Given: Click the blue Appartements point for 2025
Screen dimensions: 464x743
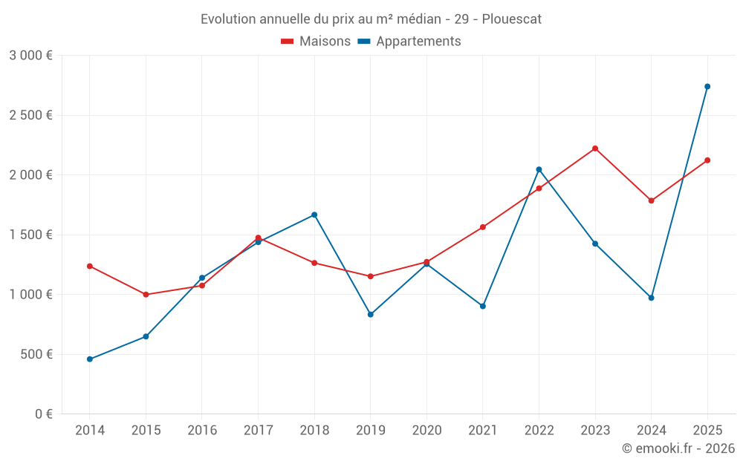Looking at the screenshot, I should click(707, 87).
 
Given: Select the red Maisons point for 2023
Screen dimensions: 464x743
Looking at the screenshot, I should click(595, 148).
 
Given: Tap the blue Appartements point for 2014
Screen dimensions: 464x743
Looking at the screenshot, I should click(90, 359).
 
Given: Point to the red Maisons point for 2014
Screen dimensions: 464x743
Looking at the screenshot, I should click(90, 266).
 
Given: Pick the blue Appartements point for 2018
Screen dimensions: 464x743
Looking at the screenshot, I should click(314, 215).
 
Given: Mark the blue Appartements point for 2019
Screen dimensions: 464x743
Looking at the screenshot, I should click(371, 314).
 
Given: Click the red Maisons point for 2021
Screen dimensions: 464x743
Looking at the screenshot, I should click(483, 227).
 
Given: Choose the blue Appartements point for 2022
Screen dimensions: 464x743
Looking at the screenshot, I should click(539, 169).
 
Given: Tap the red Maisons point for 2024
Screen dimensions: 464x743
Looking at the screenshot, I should click(652, 200).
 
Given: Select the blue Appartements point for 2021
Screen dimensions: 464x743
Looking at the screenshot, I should click(483, 306).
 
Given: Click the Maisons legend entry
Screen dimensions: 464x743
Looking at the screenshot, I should click(316, 42).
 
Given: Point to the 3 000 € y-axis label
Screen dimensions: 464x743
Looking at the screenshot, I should click(30, 56).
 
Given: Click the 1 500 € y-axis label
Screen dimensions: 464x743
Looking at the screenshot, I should click(30, 235).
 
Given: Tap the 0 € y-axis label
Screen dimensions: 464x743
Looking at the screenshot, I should click(44, 414).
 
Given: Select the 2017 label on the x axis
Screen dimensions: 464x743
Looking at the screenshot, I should click(258, 431).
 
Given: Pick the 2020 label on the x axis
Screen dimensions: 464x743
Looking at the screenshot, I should click(426, 431).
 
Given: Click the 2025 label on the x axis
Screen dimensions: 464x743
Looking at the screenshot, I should click(707, 431).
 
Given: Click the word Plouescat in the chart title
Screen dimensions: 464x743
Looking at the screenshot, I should click(512, 19).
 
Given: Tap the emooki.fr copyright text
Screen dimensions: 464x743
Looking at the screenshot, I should click(678, 448).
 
